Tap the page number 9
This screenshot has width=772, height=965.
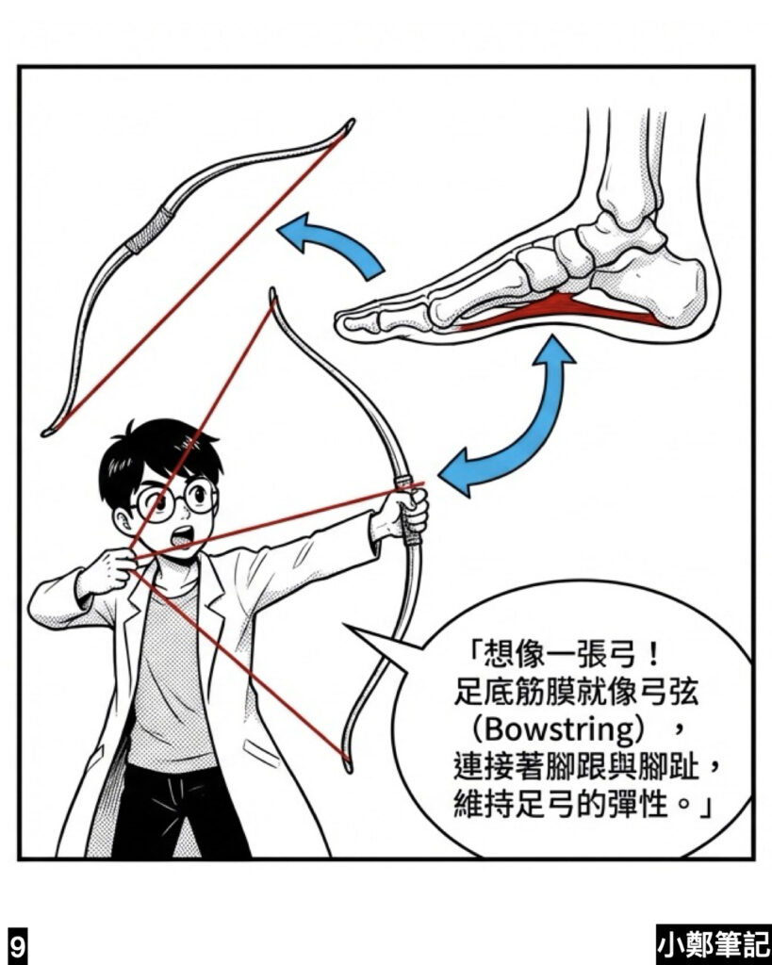point(17,944)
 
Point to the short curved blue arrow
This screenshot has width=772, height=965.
point(336,244)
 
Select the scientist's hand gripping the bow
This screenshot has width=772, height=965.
point(407,510)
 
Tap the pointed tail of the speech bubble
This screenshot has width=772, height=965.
point(346,626)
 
